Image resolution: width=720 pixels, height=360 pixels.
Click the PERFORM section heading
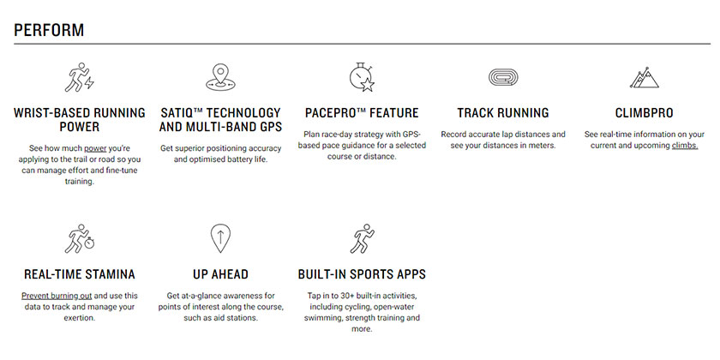(x=49, y=30)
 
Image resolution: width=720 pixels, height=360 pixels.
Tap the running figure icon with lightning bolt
(x=79, y=77)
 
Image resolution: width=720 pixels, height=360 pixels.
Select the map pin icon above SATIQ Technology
(x=220, y=77)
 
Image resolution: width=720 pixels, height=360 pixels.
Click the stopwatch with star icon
(x=362, y=77)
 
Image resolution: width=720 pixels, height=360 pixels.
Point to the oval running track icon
(x=503, y=77)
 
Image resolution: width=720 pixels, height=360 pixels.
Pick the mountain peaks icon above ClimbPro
(x=644, y=77)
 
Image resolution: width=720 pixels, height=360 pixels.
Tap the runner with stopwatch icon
(x=79, y=239)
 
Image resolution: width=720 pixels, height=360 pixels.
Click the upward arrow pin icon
(x=220, y=238)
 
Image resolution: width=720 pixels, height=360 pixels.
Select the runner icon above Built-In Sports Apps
(x=362, y=239)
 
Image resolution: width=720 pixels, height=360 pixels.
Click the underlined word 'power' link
(x=95, y=148)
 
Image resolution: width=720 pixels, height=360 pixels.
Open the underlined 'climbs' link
(x=685, y=146)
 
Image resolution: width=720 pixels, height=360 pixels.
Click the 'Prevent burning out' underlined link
(x=57, y=296)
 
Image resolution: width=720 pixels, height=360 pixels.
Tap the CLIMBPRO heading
(x=644, y=113)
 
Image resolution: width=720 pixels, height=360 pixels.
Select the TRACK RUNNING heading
(x=503, y=113)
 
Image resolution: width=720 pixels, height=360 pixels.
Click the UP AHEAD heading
(x=220, y=274)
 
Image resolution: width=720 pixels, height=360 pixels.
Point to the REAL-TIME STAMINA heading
(x=80, y=274)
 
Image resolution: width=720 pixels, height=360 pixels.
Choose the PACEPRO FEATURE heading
(x=362, y=113)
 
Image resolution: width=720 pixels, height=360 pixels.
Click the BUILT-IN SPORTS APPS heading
(x=362, y=274)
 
